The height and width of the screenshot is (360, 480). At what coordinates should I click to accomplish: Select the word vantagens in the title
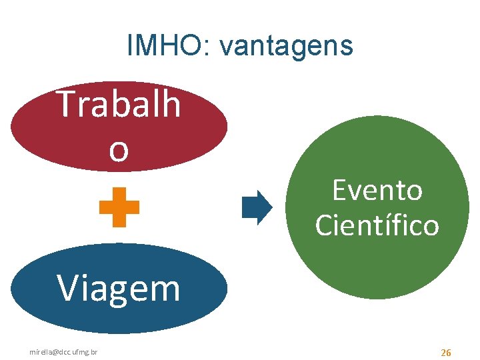pos(286,47)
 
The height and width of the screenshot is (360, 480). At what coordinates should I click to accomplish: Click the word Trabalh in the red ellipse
pos(119,105)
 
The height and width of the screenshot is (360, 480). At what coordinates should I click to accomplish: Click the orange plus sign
pos(119,207)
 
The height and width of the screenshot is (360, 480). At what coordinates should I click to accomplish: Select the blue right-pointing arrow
pos(257,207)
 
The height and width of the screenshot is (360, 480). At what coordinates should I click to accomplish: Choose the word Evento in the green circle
pos(377,191)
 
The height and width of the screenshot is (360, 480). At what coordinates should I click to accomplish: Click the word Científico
pos(377,225)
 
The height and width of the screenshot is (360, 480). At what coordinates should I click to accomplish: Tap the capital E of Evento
pos(339,191)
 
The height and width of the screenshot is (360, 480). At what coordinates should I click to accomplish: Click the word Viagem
pos(119,289)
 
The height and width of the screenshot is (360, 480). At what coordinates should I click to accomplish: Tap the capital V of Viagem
pos(67,288)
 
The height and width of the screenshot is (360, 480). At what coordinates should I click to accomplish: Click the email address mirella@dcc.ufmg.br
pos(63,351)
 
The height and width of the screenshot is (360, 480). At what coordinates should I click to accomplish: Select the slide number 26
pos(446,351)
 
